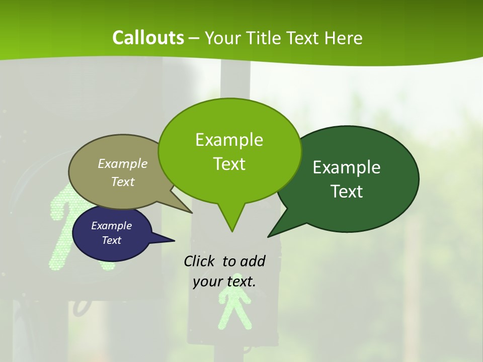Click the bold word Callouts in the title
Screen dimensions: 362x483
[x=148, y=38]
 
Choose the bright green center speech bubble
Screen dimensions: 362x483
[x=229, y=151]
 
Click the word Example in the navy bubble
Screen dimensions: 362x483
[x=111, y=226]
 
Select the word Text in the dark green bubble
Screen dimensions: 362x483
[x=347, y=192]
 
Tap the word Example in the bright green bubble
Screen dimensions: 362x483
[x=229, y=140]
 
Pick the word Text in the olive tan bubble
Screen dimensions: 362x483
[x=123, y=182]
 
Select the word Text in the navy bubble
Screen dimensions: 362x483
[x=111, y=240]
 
